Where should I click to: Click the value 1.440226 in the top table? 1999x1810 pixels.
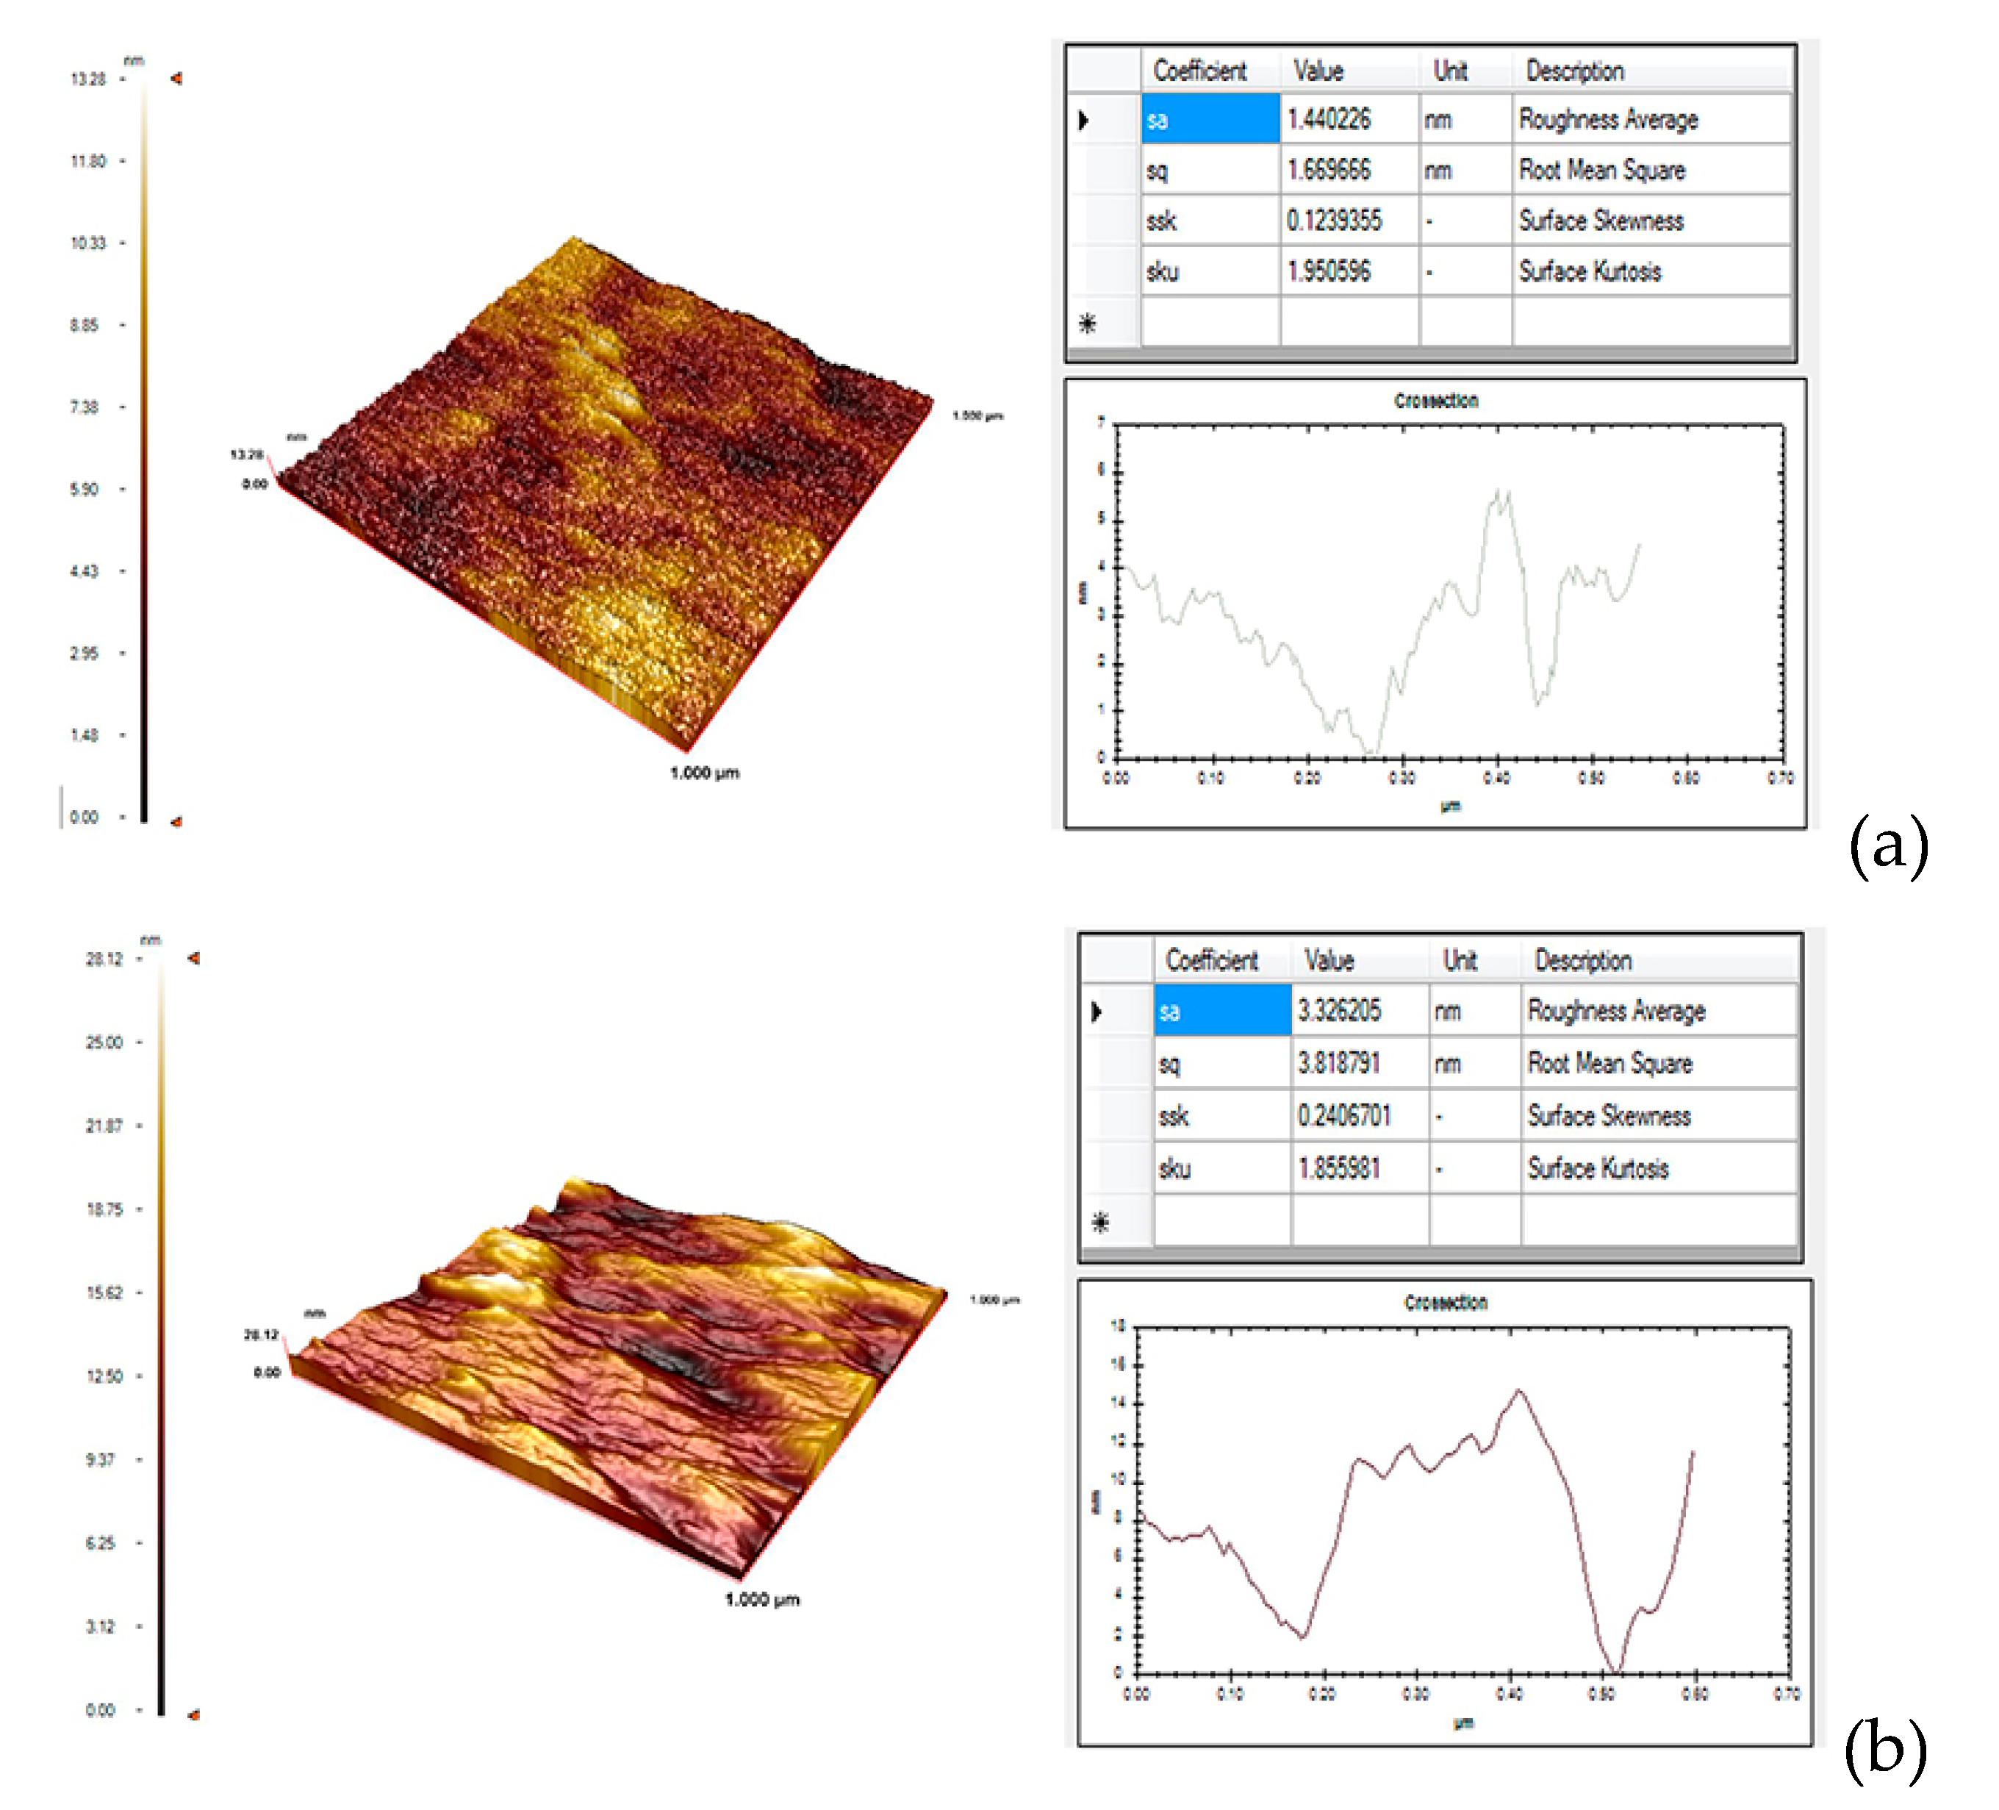(x=1328, y=120)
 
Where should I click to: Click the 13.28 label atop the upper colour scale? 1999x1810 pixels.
(x=87, y=79)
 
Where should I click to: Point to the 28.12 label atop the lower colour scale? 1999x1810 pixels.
(x=104, y=959)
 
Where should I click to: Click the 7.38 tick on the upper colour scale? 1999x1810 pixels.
(x=85, y=407)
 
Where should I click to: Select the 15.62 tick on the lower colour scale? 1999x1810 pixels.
(x=104, y=1293)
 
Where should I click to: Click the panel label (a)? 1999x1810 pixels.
(x=1888, y=845)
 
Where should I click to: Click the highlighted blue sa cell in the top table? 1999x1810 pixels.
(x=1210, y=120)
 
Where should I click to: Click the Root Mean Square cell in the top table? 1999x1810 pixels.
(x=1601, y=171)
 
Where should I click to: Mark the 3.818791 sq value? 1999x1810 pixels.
(x=1338, y=1063)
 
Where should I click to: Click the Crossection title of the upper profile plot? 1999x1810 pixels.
(x=1436, y=401)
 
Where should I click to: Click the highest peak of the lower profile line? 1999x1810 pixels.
(x=1518, y=1392)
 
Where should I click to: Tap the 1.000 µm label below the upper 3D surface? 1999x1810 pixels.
(x=704, y=773)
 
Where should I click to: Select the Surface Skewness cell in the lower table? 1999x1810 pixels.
(x=1608, y=1116)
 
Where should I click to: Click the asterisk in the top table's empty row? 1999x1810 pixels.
(x=1088, y=323)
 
